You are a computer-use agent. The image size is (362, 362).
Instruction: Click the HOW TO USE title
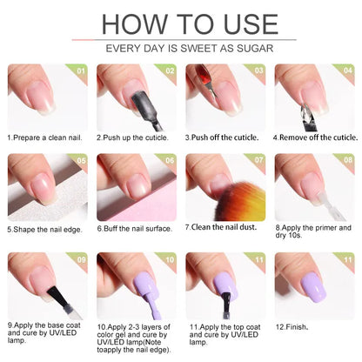180,23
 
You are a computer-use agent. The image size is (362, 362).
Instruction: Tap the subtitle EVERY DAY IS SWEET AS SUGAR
180,50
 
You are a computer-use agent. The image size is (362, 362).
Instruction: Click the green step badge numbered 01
81,70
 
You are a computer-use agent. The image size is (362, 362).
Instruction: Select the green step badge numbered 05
81,160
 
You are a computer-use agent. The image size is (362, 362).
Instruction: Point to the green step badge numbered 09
81,258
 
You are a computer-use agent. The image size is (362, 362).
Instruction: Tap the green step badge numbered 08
347,160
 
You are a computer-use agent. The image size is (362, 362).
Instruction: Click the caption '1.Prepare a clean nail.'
45,137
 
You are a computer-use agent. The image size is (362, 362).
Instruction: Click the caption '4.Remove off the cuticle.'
315,137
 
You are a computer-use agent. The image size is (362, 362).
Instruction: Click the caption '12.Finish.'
292,325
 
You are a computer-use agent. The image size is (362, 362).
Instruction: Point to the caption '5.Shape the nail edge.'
45,230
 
